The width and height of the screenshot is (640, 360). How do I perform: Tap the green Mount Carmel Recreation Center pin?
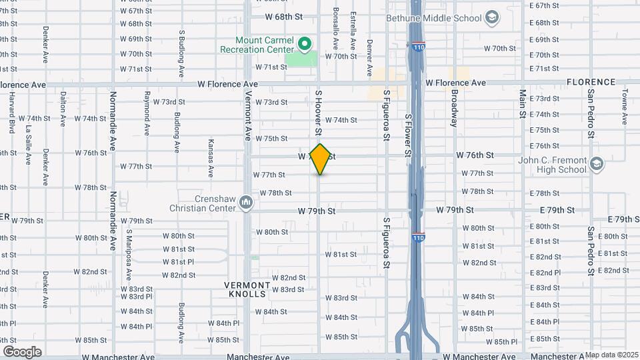(x=305, y=45)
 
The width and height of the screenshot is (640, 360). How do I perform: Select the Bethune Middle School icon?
(x=492, y=17)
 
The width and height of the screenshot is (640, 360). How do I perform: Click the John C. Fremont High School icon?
(x=597, y=164)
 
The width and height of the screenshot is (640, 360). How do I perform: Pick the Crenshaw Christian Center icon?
(x=246, y=202)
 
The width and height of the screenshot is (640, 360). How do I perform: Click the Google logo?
(x=22, y=351)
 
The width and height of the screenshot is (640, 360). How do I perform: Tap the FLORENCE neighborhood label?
(x=591, y=82)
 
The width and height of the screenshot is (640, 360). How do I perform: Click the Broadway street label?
(x=454, y=109)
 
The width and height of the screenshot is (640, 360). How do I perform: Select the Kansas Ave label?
(x=211, y=157)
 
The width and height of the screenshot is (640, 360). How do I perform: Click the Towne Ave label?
(x=625, y=107)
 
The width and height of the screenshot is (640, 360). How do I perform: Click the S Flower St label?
(x=408, y=135)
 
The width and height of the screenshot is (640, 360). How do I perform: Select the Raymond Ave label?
(x=146, y=109)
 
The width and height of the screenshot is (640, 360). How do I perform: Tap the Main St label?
(x=523, y=107)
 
